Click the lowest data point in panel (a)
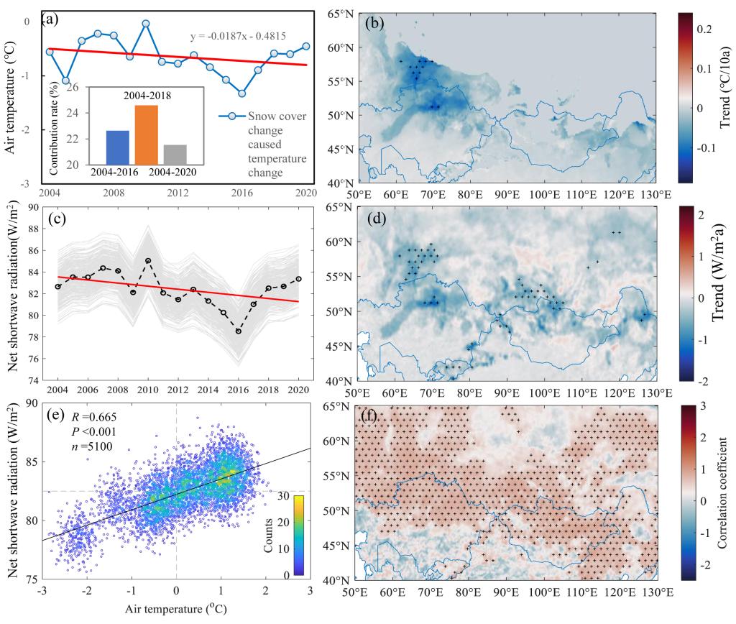tap(242, 93)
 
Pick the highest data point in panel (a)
tap(145, 23)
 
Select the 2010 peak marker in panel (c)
tap(148, 260)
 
